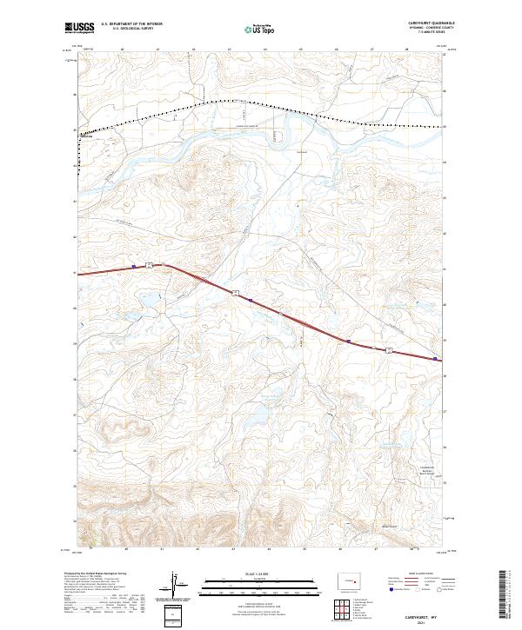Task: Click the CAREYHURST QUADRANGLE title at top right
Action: click(422, 23)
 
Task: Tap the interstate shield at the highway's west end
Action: click(150, 263)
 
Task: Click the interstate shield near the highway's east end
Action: click(389, 349)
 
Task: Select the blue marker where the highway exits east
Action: click(435, 357)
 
